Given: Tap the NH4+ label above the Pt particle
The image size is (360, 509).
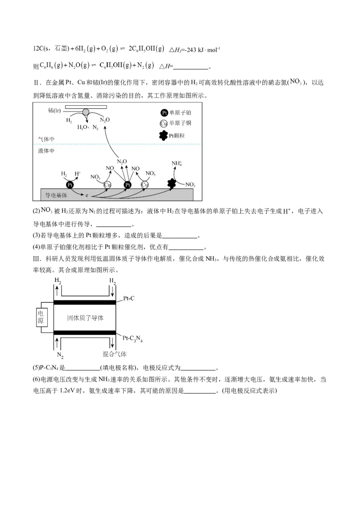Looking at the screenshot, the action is point(176,163).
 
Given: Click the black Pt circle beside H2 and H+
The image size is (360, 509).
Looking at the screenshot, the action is point(70,185).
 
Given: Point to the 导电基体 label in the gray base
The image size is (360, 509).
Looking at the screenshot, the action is point(56,196).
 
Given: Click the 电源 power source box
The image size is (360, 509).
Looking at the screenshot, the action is point(41,317).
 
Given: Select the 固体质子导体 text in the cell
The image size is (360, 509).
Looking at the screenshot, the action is point(85,317).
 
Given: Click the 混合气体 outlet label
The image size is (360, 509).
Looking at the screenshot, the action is point(114,354).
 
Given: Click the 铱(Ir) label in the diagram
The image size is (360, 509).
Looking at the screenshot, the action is point(54,111).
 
